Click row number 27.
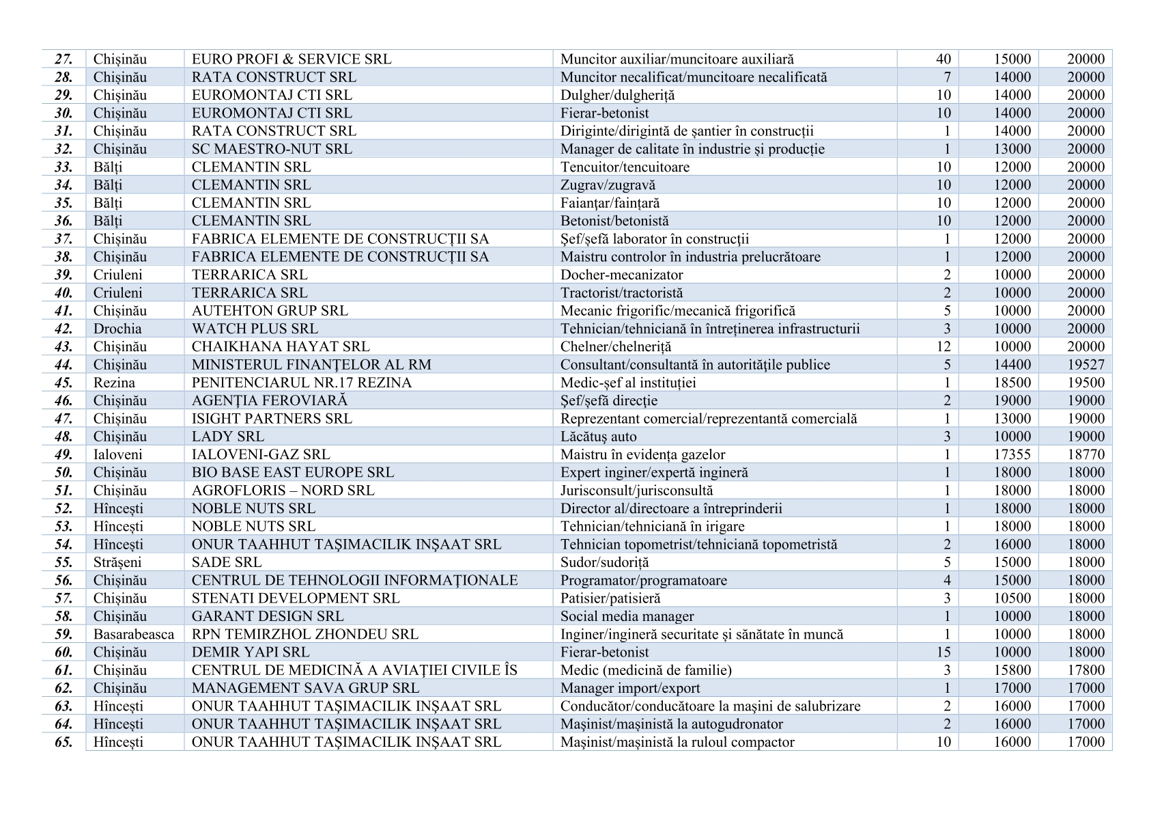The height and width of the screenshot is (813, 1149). click(63, 59)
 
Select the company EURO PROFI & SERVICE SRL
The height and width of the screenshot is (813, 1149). click(292, 59)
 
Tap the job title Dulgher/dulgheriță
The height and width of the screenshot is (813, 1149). click(617, 95)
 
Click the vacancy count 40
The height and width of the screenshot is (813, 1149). click(943, 59)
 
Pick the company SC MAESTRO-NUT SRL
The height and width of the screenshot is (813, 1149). click(272, 149)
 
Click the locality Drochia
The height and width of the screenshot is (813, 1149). click(117, 329)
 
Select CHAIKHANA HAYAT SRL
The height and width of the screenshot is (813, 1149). click(281, 346)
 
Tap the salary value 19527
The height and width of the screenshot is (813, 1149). click(1086, 365)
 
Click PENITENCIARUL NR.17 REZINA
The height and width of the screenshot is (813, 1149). click(302, 383)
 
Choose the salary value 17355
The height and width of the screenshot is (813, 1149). click(1013, 454)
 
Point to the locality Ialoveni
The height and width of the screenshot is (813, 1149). click(118, 454)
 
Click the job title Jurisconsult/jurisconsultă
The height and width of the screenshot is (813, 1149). click(636, 491)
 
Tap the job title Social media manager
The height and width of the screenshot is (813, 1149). click(627, 616)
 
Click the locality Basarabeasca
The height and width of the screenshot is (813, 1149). click(134, 634)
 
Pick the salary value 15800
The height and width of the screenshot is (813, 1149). click(1013, 670)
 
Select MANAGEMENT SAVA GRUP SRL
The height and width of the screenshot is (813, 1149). click(305, 688)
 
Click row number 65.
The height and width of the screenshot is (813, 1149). click(63, 742)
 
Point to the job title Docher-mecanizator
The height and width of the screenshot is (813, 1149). click(621, 275)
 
